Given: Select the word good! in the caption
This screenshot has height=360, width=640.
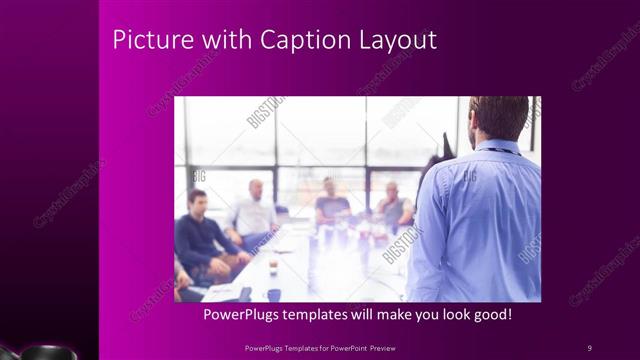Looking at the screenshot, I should (x=491, y=315).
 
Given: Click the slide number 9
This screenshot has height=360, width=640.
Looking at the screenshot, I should (x=590, y=347).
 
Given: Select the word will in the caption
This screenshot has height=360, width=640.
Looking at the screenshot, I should (x=365, y=315).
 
